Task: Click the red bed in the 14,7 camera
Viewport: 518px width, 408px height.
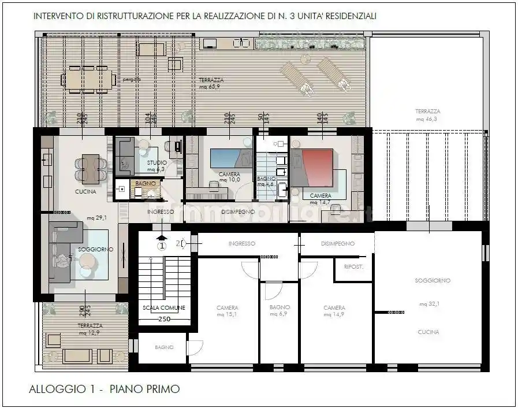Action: coord(312,167)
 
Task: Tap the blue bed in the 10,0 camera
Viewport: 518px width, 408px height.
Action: coord(230,158)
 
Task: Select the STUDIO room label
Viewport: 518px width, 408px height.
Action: coord(156,164)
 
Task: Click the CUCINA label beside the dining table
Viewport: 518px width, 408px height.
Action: coord(85,192)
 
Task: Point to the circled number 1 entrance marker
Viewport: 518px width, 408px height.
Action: coord(162,244)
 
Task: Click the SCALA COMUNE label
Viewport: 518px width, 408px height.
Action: coord(164,307)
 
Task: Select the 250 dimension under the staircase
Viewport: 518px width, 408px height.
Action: coord(164,319)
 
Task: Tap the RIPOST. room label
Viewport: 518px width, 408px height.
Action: coord(353,267)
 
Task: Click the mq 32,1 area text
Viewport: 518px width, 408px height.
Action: coord(429,303)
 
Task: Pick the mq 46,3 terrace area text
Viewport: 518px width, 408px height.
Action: coord(427,118)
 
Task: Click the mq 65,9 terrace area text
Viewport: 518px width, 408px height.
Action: coord(211,87)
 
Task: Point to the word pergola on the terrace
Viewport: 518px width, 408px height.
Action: coord(131,80)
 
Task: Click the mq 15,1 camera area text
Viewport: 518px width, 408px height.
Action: coord(227,315)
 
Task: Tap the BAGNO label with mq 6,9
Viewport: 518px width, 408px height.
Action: coord(280,307)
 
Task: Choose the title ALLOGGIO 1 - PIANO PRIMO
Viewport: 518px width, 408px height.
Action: coord(104,389)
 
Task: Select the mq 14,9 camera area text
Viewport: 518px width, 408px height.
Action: coord(334,315)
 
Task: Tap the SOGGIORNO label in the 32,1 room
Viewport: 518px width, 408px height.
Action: coord(432,280)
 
